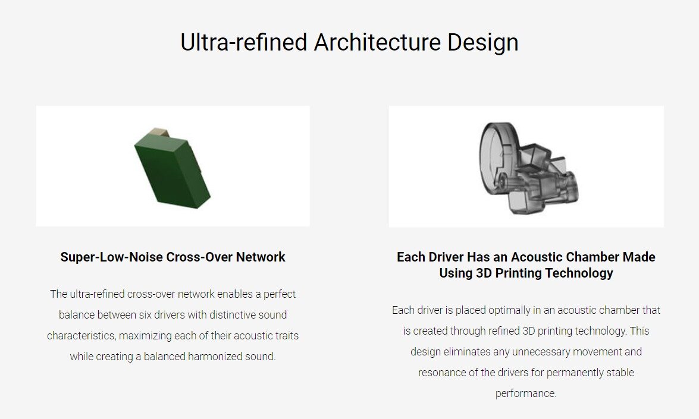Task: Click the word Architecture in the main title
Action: click(x=377, y=42)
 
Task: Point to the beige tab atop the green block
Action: click(x=159, y=133)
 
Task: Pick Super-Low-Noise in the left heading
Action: click(x=111, y=257)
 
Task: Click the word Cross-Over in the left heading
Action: click(x=199, y=257)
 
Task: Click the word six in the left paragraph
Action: click(x=145, y=315)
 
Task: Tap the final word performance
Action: click(x=526, y=393)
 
